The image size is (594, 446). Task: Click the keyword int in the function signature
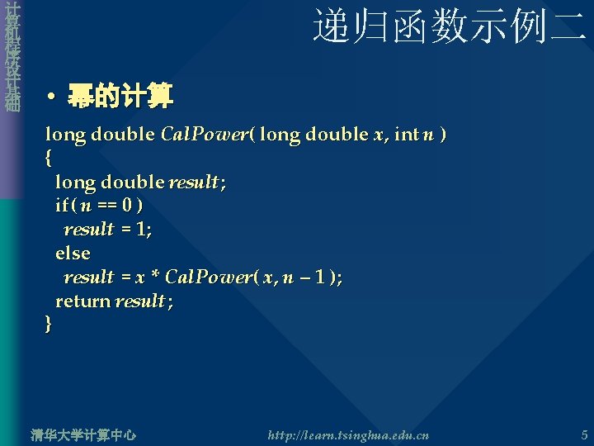pyautogui.click(x=407, y=134)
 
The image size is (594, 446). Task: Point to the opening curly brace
pyautogui.click(x=49, y=157)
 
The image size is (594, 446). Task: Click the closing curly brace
pyautogui.click(x=49, y=325)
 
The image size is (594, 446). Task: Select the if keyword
pyautogui.click(x=62, y=205)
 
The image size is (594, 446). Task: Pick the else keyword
pyautogui.click(x=73, y=253)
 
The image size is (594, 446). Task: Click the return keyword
pyautogui.click(x=82, y=301)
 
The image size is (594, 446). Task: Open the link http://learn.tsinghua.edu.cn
pyautogui.click(x=348, y=434)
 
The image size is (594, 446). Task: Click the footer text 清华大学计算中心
pyautogui.click(x=82, y=434)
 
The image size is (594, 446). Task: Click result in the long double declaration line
pyautogui.click(x=195, y=182)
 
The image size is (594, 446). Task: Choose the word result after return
pyautogui.click(x=141, y=301)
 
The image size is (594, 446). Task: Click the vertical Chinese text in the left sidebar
pyautogui.click(x=11, y=58)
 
